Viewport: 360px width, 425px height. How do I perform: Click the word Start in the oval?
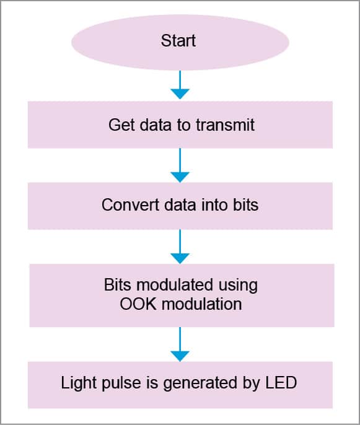pyautogui.click(x=178, y=42)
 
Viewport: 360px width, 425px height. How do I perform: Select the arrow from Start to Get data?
pyautogui.click(x=180, y=85)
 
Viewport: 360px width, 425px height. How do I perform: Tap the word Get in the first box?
pyautogui.click(x=120, y=125)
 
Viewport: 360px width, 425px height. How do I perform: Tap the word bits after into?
pyautogui.click(x=244, y=204)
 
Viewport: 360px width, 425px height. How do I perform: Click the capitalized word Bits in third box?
pyautogui.click(x=118, y=286)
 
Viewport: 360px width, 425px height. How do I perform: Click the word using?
pyautogui.click(x=237, y=286)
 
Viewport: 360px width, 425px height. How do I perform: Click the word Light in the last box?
pyautogui.click(x=76, y=383)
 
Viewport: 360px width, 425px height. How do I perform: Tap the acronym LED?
pyautogui.click(x=281, y=383)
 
